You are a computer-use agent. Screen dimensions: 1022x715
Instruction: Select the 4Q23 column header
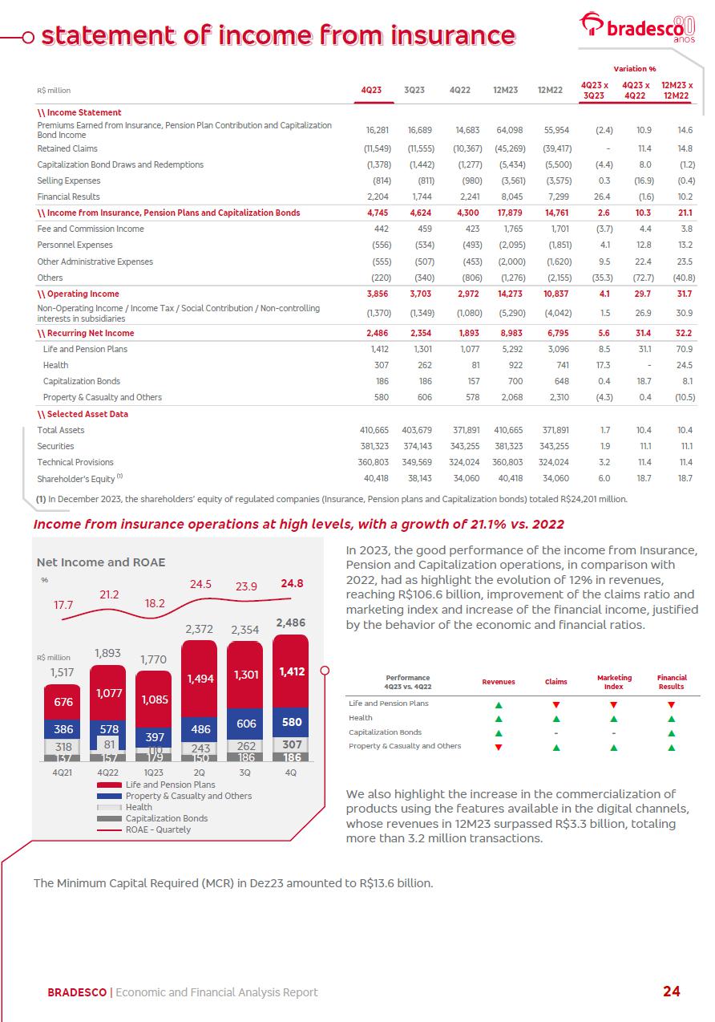click(x=371, y=91)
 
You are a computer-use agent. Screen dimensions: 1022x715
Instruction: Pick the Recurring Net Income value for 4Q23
click(x=376, y=333)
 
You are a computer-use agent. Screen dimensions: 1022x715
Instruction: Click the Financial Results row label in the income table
click(x=69, y=197)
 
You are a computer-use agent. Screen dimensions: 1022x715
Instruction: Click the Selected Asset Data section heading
click(x=83, y=414)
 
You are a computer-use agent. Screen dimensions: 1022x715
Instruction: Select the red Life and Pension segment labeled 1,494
click(x=200, y=678)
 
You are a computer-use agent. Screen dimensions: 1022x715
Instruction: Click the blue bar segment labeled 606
click(x=245, y=723)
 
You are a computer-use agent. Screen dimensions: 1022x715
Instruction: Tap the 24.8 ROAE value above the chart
click(x=292, y=584)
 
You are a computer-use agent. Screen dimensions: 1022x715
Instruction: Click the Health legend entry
click(x=138, y=807)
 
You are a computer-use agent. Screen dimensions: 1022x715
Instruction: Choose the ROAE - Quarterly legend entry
click(x=157, y=829)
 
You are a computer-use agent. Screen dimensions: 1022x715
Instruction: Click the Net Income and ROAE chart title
click(x=101, y=562)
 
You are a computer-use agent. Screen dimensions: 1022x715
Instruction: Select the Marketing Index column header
click(x=614, y=682)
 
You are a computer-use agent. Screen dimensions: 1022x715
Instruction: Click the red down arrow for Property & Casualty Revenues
click(x=499, y=747)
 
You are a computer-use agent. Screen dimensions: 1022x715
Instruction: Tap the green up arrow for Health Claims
click(x=556, y=718)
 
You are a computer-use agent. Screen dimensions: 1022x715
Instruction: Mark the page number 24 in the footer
click(x=671, y=992)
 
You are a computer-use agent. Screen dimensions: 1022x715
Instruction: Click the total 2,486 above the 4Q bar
click(x=291, y=623)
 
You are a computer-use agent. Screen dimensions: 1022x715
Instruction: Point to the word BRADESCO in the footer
click(x=77, y=992)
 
